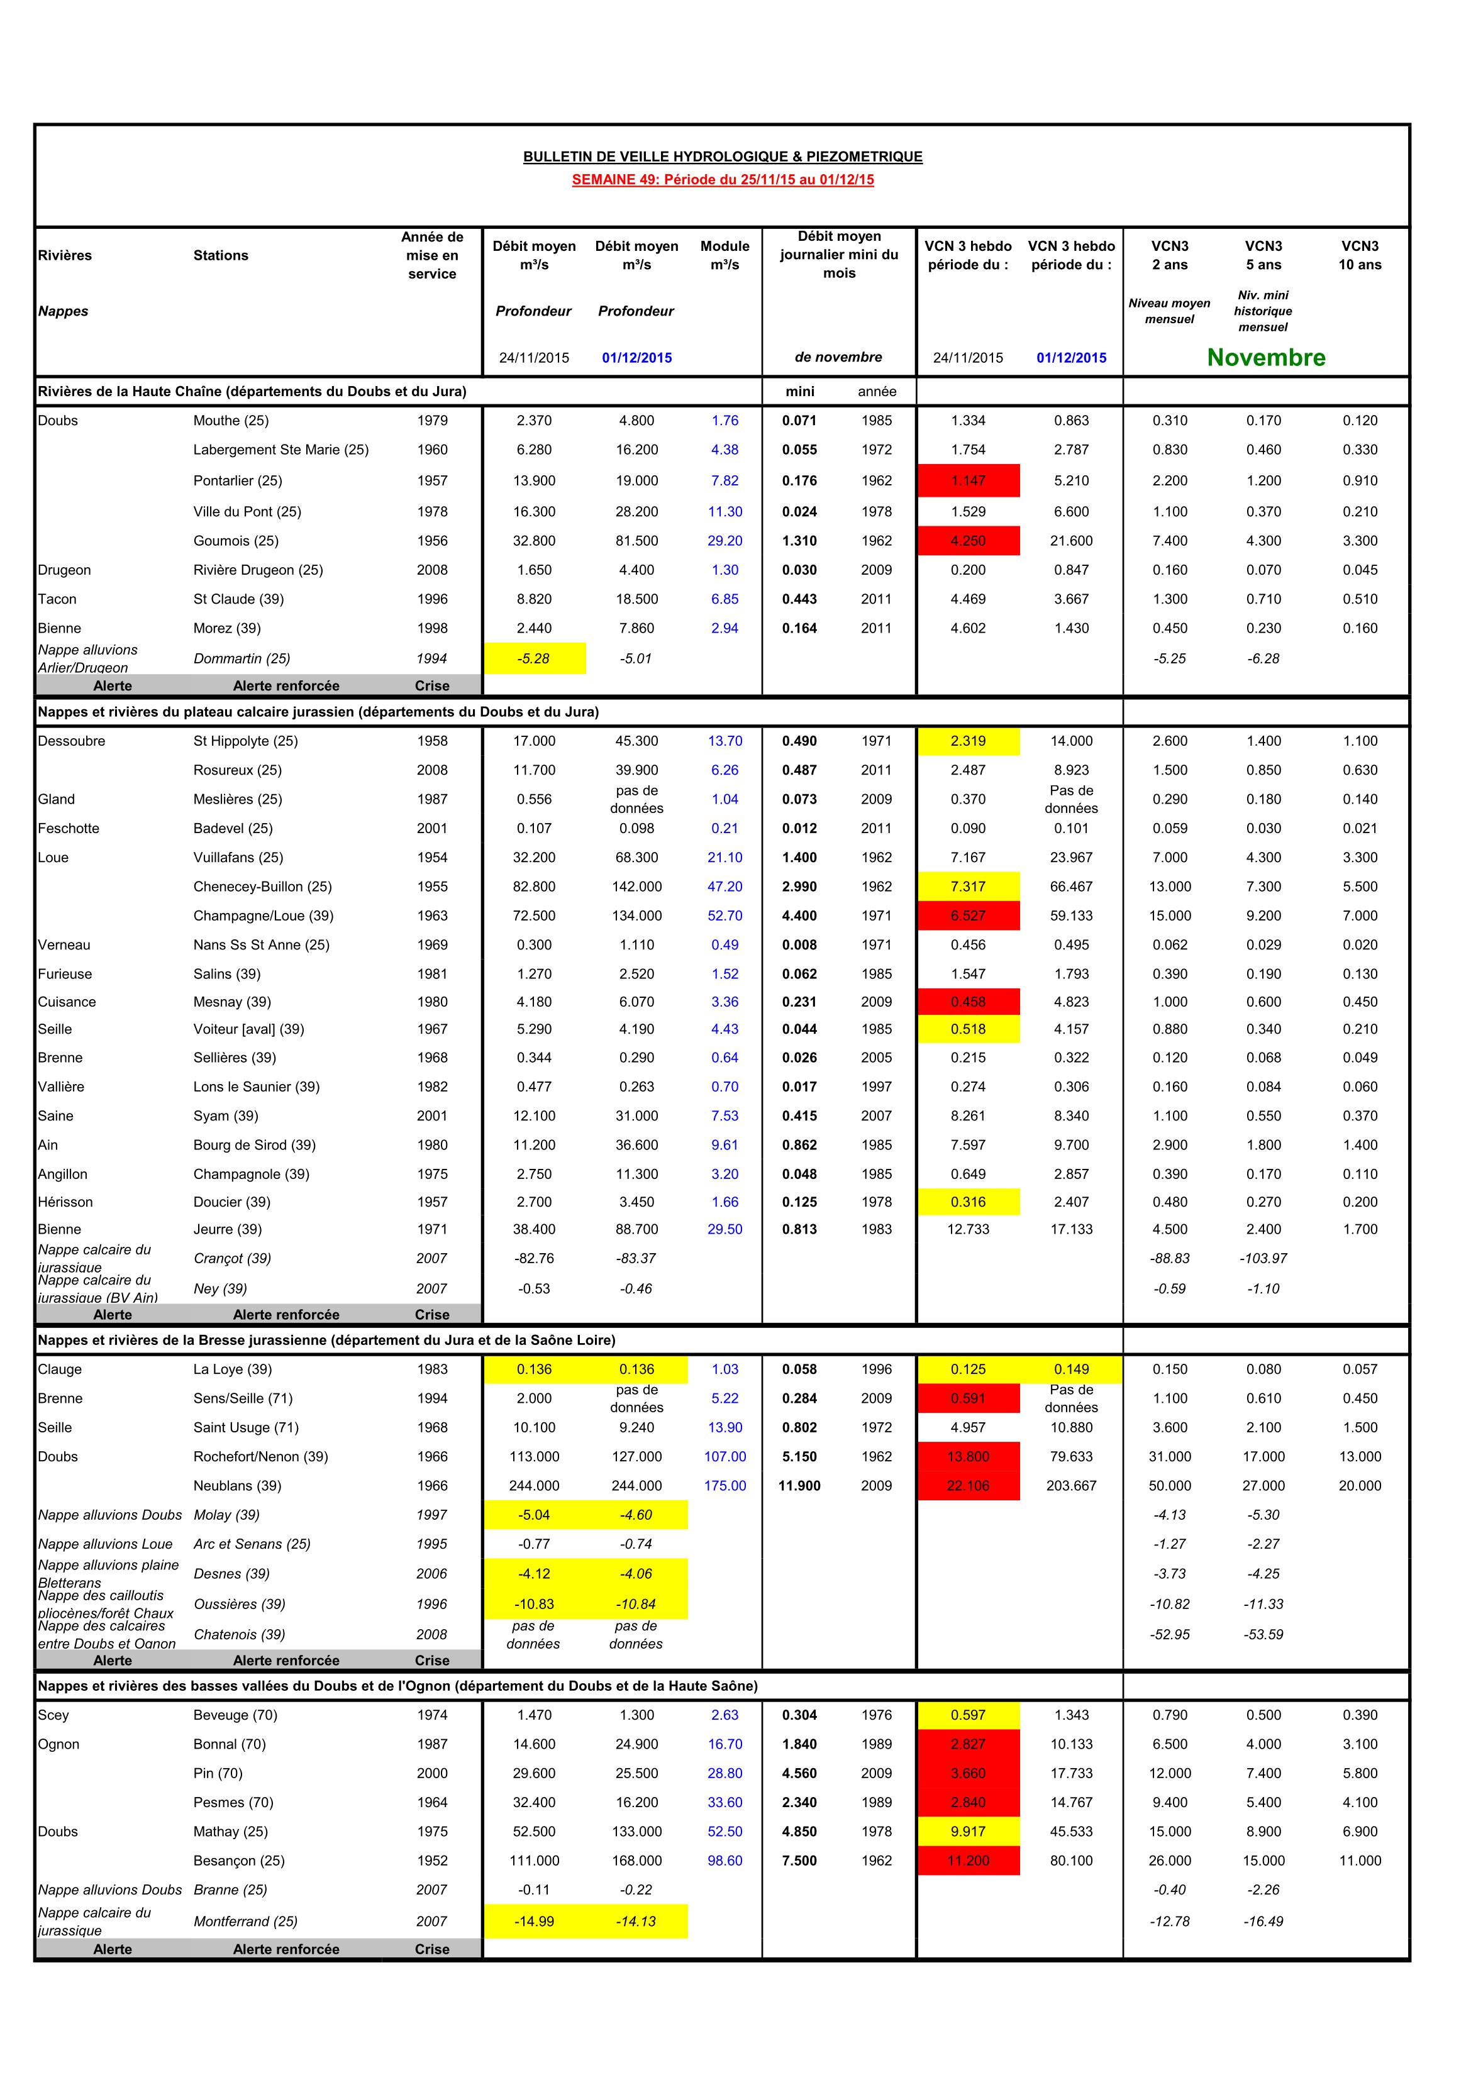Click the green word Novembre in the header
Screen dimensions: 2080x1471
click(x=1265, y=358)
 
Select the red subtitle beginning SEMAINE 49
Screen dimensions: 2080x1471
click(x=723, y=179)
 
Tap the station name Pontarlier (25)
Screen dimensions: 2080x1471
click(x=238, y=481)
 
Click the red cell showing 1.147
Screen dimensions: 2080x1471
click(x=968, y=481)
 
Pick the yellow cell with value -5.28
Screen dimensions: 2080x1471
click(x=534, y=658)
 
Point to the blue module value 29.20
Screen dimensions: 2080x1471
click(x=725, y=541)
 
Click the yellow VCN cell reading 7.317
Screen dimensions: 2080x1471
click(x=968, y=887)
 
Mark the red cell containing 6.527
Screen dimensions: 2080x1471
click(x=968, y=916)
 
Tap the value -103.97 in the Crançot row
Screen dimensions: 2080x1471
click(x=1263, y=1258)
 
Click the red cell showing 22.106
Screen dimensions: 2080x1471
click(x=968, y=1486)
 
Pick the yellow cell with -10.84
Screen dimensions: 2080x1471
click(x=636, y=1605)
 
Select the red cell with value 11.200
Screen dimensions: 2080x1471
click(x=968, y=1861)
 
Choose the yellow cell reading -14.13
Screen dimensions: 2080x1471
click(x=636, y=1922)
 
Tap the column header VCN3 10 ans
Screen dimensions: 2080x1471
click(x=1360, y=255)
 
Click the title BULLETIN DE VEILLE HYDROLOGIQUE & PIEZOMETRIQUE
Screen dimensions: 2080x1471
click(x=723, y=157)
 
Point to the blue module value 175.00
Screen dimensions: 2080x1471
click(x=725, y=1486)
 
